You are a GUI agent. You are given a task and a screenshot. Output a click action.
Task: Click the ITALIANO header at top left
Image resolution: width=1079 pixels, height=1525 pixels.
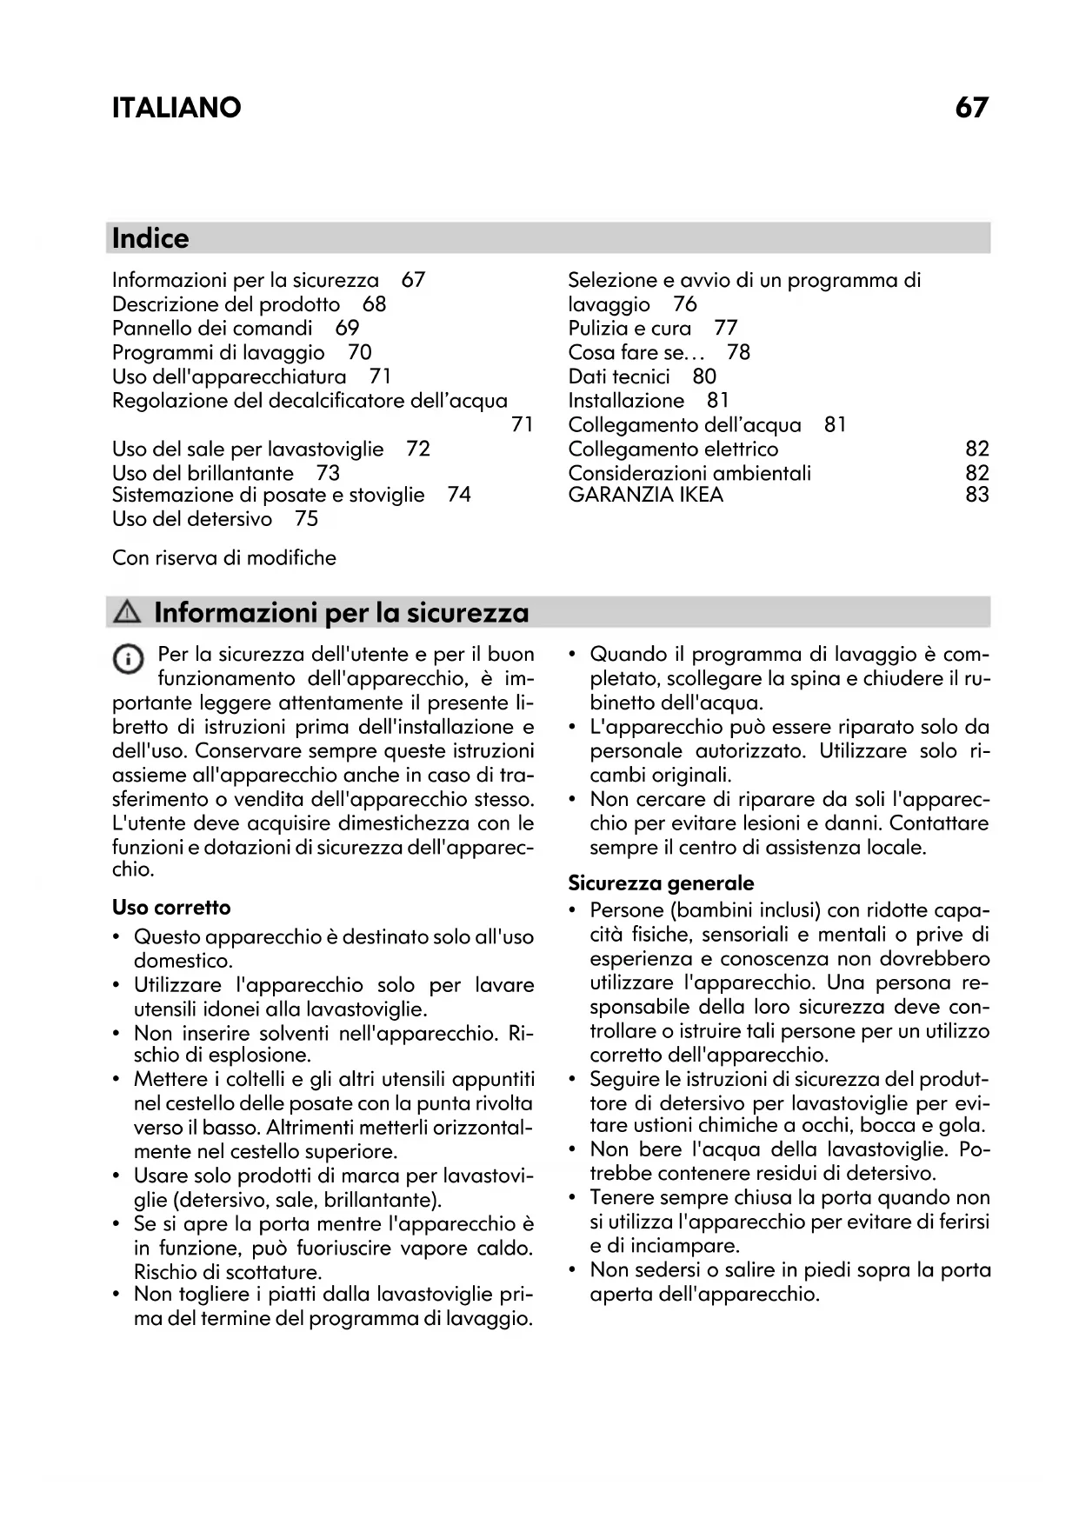click(177, 108)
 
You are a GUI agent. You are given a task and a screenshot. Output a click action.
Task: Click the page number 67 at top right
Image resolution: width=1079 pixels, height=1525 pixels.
click(971, 108)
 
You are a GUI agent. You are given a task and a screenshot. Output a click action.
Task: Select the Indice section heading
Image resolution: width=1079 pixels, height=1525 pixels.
click(150, 238)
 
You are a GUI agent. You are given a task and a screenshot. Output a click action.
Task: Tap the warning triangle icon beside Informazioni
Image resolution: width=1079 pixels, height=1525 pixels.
click(127, 613)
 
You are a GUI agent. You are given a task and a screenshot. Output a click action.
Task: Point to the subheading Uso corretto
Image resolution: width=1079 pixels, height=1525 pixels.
click(171, 908)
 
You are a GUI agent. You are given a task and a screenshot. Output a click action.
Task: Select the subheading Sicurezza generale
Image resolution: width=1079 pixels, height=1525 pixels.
click(661, 883)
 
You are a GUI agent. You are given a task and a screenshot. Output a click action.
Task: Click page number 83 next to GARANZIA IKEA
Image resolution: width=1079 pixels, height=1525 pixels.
click(977, 495)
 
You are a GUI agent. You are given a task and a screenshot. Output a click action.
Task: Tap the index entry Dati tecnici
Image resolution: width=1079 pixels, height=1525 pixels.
click(619, 376)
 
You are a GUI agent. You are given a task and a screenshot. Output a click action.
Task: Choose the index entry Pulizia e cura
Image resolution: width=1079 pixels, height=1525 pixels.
click(629, 328)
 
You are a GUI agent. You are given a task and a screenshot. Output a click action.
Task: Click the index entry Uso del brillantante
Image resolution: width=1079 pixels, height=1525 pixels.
click(203, 473)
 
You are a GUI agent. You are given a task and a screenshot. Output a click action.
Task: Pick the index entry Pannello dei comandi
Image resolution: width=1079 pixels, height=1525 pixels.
click(212, 328)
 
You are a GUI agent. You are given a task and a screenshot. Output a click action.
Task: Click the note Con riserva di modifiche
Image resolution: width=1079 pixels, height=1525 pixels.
click(224, 557)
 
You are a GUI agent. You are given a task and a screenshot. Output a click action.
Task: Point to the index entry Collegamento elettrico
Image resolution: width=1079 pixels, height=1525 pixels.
click(673, 449)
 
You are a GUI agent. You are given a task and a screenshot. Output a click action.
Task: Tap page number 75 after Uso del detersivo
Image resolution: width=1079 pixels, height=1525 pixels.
click(307, 519)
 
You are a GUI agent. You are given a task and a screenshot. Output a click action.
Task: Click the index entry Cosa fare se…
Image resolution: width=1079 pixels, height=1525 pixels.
click(636, 352)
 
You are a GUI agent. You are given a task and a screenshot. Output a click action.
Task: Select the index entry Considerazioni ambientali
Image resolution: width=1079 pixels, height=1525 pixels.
click(689, 473)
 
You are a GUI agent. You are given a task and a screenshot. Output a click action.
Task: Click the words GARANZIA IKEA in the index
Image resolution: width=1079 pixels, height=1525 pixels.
click(645, 495)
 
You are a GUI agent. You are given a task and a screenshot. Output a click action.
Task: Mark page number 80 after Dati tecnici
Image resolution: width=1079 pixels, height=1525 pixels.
click(704, 376)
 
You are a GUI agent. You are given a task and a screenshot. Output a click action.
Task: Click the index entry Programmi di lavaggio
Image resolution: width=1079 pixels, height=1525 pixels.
click(218, 352)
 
